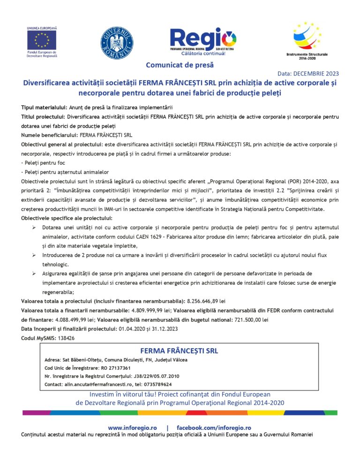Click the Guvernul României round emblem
click(x=117, y=43)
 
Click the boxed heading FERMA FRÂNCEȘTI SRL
click(x=179, y=351)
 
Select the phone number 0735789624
click(x=158, y=384)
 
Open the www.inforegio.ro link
click(x=132, y=428)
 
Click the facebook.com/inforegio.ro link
click(x=214, y=428)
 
